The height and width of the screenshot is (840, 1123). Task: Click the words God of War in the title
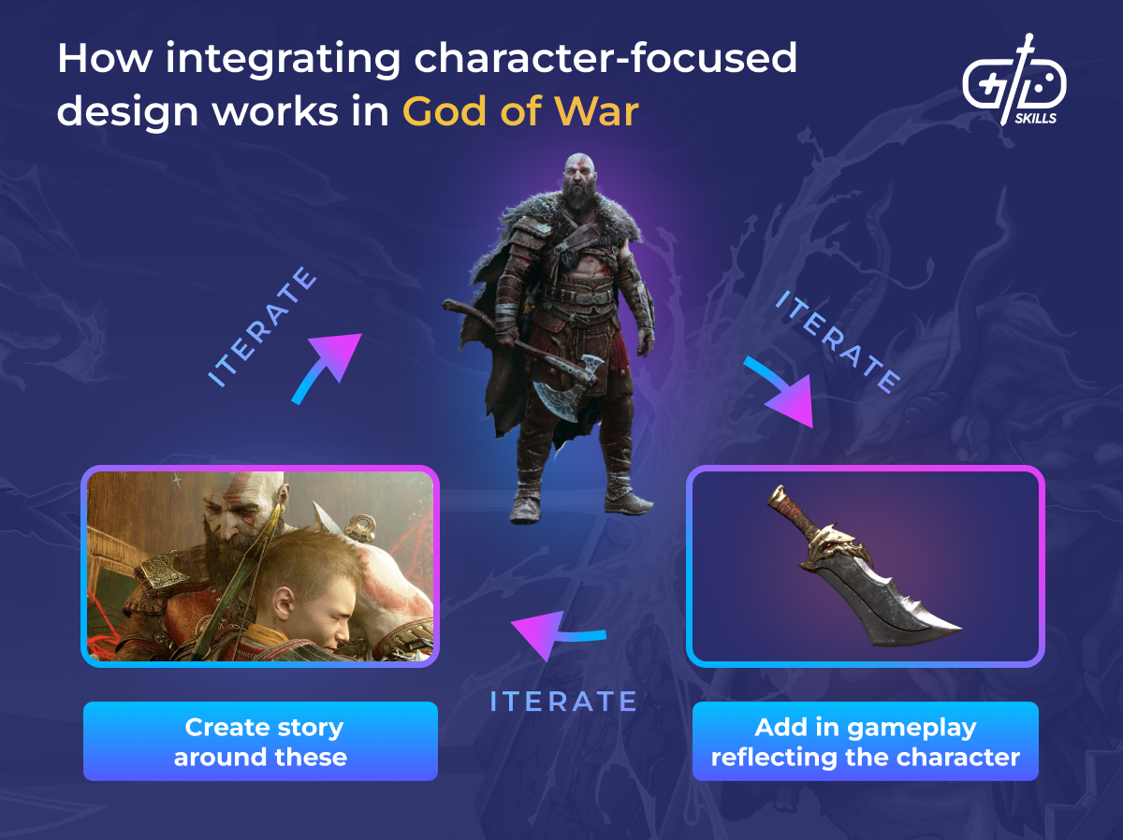(520, 111)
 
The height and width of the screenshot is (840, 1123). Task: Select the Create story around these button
(260, 741)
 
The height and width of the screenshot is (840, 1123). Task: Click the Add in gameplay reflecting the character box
(865, 741)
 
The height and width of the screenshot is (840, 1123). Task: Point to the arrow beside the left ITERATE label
(326, 367)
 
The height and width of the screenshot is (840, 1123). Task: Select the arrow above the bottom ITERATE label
(557, 635)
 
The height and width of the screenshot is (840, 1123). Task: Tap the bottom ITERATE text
(563, 702)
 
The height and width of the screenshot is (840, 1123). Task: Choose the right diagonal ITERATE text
(838, 340)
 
